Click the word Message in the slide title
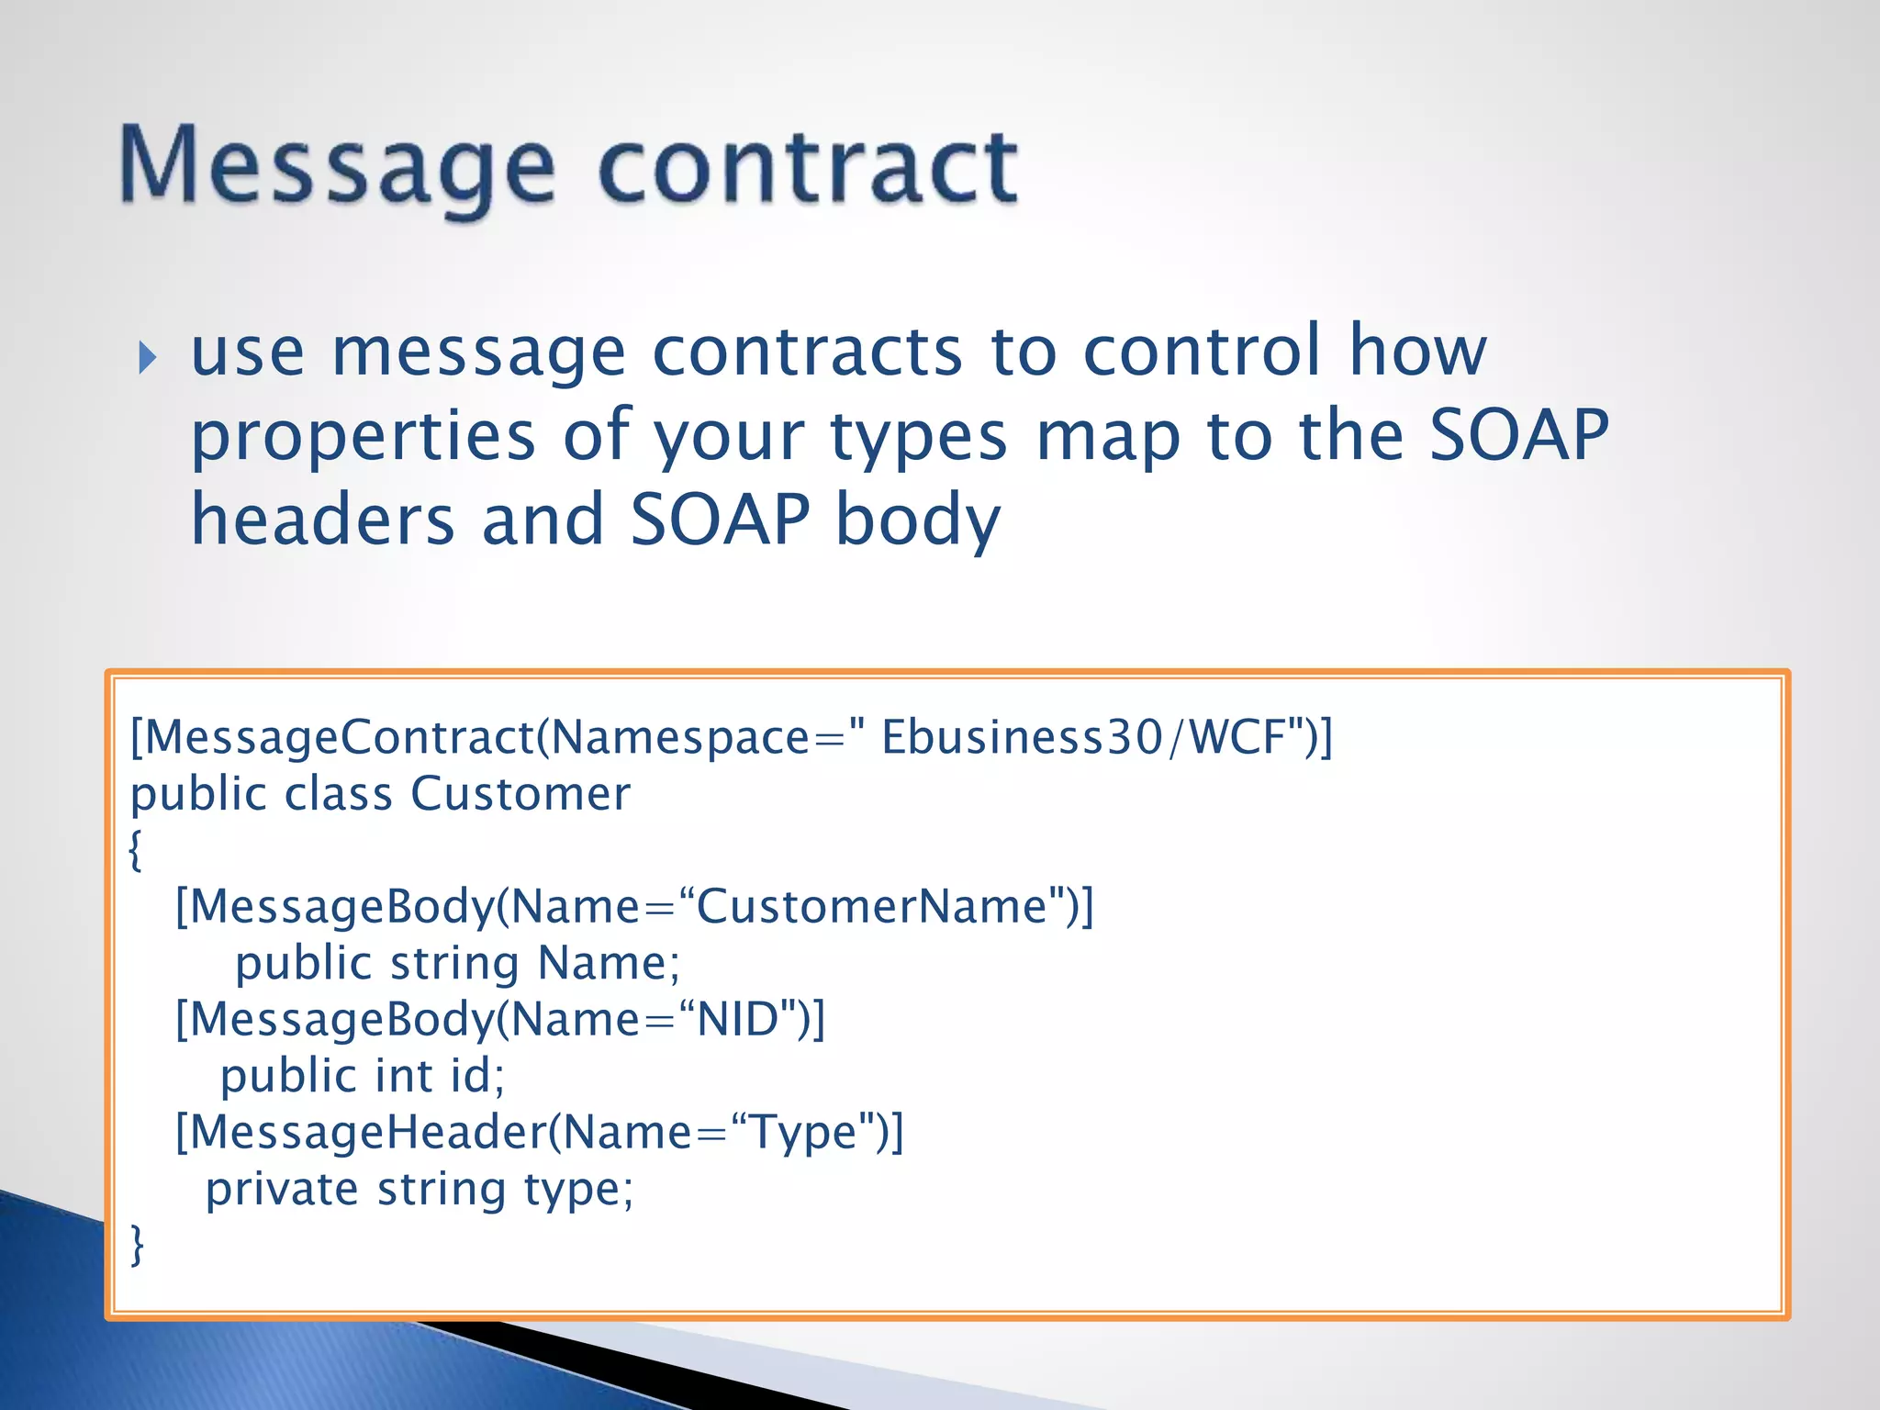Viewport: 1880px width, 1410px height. (337, 168)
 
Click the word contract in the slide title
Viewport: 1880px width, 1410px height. (808, 168)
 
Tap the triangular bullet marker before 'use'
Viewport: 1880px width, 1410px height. (148, 357)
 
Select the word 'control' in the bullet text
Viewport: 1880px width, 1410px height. (1202, 352)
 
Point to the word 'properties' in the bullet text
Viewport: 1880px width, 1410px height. (363, 437)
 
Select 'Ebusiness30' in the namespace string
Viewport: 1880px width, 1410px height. (1022, 737)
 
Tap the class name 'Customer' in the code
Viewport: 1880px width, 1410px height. (520, 794)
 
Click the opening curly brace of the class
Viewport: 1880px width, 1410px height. (136, 850)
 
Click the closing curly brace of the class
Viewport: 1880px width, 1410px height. (137, 1246)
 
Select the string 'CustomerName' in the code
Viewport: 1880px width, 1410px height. (871, 907)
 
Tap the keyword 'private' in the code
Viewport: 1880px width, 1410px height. (282, 1190)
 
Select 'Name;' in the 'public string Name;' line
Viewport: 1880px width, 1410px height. (609, 964)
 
